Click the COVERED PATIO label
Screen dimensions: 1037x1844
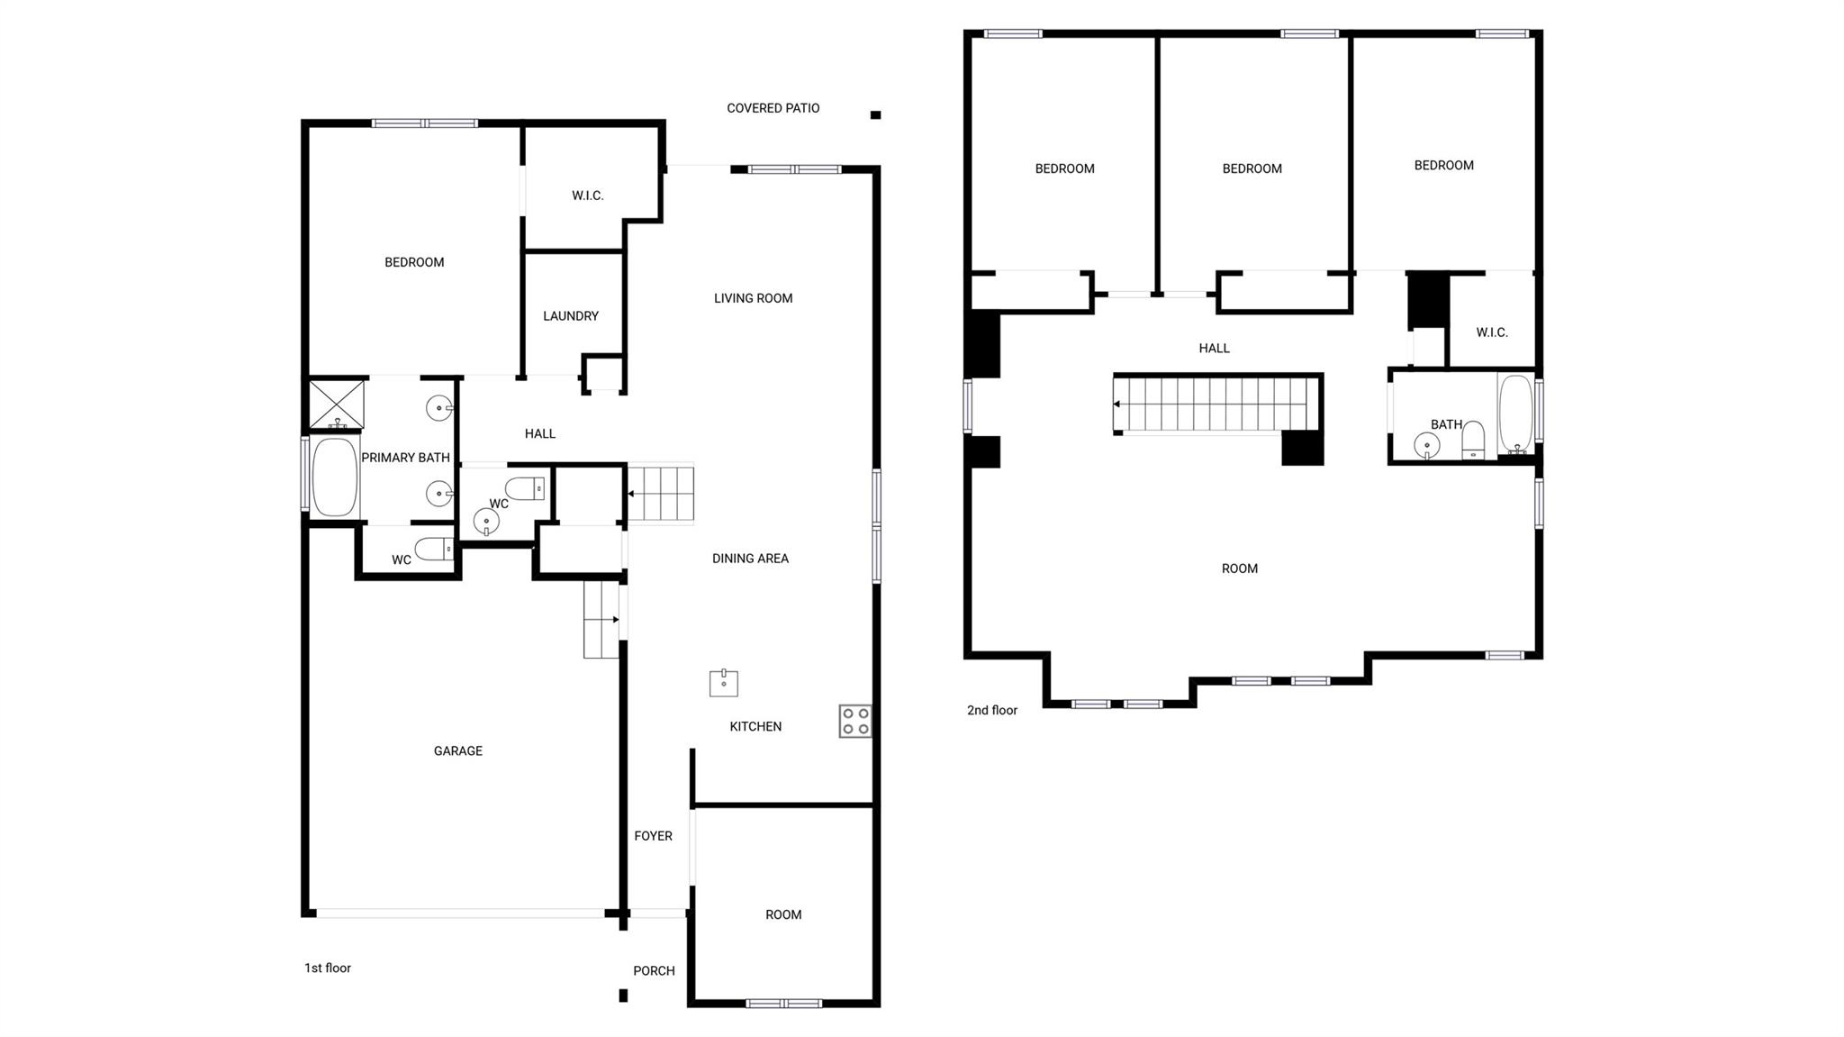[773, 108]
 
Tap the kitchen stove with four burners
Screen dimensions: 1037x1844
[854, 721]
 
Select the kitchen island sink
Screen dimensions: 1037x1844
[723, 683]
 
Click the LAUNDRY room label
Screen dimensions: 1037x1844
[570, 316]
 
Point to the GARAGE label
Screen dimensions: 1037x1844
[457, 750]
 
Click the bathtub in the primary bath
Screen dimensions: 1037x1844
[334, 477]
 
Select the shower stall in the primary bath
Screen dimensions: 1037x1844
[337, 405]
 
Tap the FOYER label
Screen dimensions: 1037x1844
[653, 836]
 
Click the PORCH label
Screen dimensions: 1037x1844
[654, 970]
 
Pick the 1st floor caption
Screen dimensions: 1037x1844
[327, 968]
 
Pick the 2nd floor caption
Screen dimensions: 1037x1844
[991, 710]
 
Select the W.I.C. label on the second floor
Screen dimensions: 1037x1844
[1491, 332]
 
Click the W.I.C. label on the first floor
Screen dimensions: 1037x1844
[587, 196]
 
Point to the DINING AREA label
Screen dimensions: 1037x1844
[750, 559]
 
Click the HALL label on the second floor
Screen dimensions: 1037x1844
[1214, 348]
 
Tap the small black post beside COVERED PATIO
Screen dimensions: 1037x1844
[875, 114]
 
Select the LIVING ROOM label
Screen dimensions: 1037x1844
[753, 298]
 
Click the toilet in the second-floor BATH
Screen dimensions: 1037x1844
[1473, 441]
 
